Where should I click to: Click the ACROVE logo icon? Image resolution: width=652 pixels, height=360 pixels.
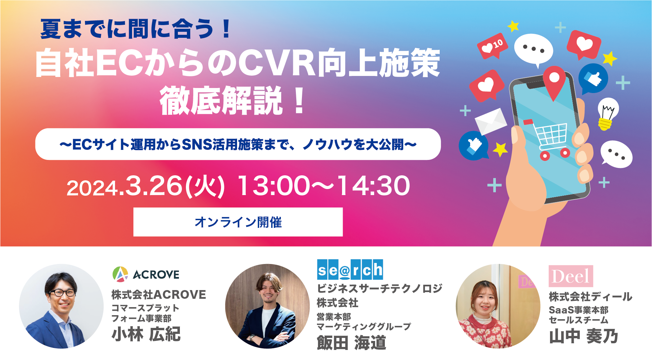pos(120,274)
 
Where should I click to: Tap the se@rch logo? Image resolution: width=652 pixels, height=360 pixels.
pos(350,270)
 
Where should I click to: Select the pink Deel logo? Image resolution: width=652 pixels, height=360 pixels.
pos(571,276)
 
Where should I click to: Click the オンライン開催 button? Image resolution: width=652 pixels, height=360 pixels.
pos(238,222)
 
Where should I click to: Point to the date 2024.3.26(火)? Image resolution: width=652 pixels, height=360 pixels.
pos(145,186)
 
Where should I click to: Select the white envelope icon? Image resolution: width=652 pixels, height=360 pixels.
pos(491,121)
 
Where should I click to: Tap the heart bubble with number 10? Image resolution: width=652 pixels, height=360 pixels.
pos(493,46)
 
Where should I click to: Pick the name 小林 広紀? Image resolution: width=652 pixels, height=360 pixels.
pos(146,334)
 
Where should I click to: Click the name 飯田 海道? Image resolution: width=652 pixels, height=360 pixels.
pos(351,343)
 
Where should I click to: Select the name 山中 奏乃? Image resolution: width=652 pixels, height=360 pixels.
pos(583,336)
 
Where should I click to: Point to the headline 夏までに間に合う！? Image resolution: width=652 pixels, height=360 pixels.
pos(136,29)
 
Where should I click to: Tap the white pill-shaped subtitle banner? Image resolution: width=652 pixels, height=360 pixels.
pos(238,144)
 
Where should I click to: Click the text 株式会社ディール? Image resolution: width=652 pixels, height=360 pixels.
pos(590,296)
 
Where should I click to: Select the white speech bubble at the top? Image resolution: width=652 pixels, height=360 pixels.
pos(534,50)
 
